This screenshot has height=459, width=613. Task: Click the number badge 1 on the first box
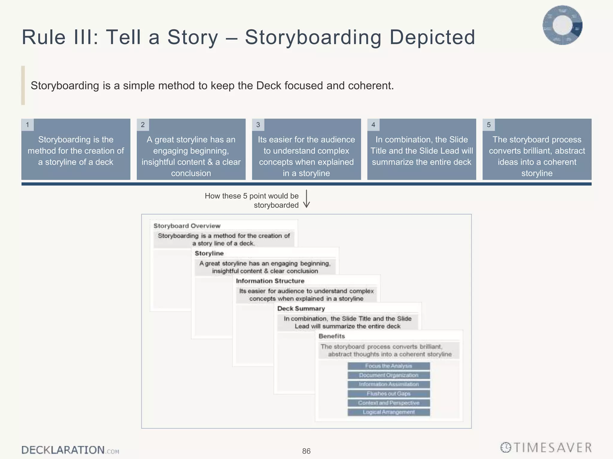tap(28, 125)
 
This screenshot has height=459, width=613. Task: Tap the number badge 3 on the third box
tap(258, 125)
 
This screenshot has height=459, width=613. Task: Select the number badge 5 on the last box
tap(488, 125)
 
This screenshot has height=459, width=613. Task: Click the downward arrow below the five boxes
tap(306, 199)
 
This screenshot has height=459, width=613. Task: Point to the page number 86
tap(306, 451)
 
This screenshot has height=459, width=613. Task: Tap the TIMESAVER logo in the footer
tap(546, 448)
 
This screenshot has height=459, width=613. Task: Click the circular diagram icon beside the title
tap(562, 25)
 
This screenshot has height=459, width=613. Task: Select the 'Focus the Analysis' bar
tap(389, 366)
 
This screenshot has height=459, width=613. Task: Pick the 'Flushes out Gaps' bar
tap(389, 394)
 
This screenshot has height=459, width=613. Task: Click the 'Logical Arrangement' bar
tap(389, 412)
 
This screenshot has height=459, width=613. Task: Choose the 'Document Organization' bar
tap(389, 375)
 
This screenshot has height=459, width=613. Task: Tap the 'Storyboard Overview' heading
tap(187, 226)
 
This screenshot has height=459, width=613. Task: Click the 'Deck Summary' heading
tap(301, 309)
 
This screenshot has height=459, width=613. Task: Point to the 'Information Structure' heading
tap(270, 281)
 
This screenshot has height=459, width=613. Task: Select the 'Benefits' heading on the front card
tap(332, 336)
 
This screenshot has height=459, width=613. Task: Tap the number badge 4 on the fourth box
tap(373, 125)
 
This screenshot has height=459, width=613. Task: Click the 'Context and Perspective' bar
tap(389, 403)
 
